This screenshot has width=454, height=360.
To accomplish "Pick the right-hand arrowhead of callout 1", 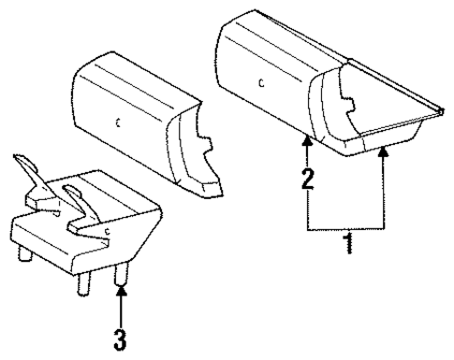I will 384,151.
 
